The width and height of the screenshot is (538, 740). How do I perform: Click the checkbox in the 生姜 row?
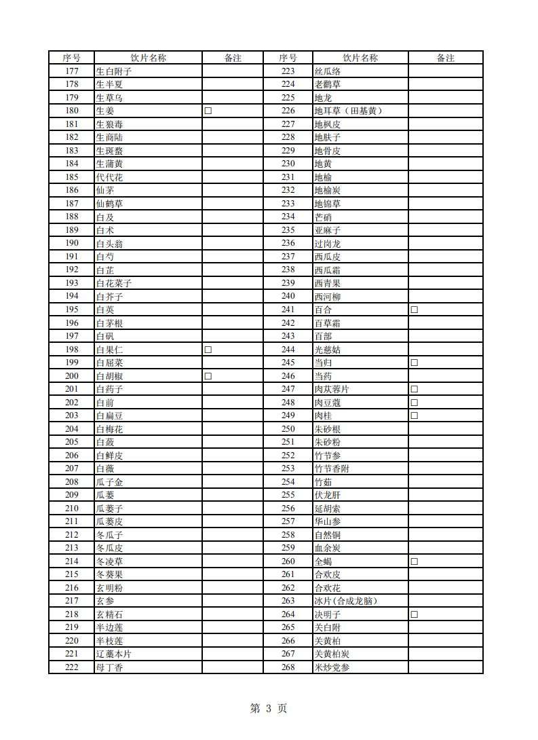[208, 111]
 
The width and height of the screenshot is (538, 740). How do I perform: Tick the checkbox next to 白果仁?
[208, 350]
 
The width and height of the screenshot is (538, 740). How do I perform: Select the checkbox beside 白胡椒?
[208, 376]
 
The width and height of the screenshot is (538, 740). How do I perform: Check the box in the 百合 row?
[414, 310]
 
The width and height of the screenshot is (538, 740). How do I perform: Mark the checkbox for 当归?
[414, 363]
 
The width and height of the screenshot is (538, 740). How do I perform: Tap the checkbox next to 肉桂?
[414, 415]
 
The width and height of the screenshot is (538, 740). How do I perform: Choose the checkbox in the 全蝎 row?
[414, 561]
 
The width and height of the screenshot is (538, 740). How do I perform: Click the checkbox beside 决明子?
[414, 614]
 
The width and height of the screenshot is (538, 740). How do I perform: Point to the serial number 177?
[71, 71]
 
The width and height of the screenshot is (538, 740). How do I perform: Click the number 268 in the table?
[288, 667]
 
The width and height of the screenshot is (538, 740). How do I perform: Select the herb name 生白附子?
[113, 71]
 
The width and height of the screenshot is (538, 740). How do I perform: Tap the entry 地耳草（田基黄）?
[348, 111]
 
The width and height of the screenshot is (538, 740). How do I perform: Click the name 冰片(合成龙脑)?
[345, 601]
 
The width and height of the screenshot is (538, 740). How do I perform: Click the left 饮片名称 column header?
[148, 58]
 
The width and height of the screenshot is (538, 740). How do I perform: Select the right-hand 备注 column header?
[445, 58]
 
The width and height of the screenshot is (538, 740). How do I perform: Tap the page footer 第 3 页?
[269, 709]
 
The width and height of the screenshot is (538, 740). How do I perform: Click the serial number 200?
[71, 376]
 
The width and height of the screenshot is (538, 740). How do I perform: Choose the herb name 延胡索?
[328, 508]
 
